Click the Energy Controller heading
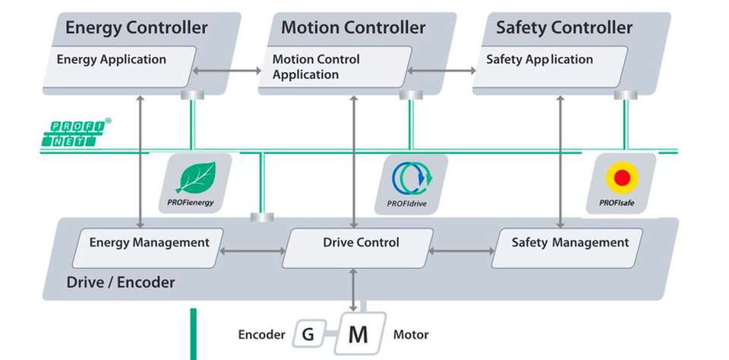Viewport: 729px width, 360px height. point(136,28)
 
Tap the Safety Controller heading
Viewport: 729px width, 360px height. point(563,28)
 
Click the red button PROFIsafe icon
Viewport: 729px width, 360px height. point(622,180)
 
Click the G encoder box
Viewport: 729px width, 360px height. point(308,334)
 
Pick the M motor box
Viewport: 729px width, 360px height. point(358,334)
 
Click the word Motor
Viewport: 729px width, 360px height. point(411,334)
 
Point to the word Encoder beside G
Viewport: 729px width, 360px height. point(261,334)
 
